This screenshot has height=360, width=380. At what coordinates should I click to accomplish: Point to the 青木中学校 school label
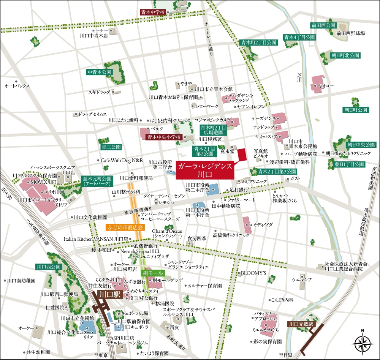coord(152,12)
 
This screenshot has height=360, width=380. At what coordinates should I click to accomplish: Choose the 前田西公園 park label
coord(323,25)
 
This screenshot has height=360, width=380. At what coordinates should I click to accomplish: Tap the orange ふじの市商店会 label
coord(125,228)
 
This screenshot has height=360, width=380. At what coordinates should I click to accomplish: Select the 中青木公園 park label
coord(99,72)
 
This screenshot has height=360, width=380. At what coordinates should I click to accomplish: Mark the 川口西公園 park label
coord(49,267)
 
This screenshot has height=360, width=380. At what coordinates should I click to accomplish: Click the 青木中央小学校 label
coord(164,137)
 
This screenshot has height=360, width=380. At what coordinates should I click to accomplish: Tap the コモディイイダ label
coord(261,225)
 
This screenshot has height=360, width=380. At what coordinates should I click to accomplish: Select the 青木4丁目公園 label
coord(299,37)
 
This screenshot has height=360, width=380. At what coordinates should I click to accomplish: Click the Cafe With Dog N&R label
coord(122,160)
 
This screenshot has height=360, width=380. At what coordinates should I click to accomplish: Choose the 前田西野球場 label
coord(350,33)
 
